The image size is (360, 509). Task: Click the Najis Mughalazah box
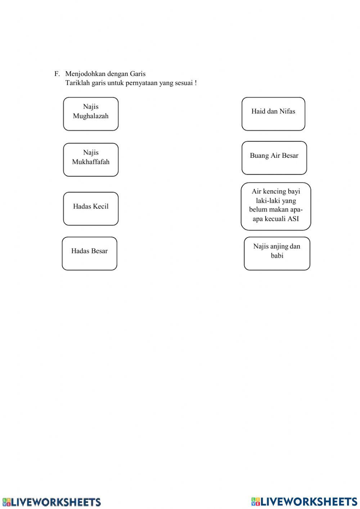[x=91, y=114]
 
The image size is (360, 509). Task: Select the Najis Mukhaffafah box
[x=91, y=160]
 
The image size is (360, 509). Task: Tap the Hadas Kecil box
[x=91, y=209]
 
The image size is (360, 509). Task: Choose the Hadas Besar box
[x=89, y=253]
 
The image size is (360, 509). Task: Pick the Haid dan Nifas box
[x=273, y=114]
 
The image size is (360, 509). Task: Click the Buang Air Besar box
[x=274, y=158]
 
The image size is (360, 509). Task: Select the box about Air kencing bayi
[x=276, y=206]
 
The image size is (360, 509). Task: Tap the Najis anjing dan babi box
[x=277, y=253]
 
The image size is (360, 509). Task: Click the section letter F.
[x=57, y=74]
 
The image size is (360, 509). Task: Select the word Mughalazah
[x=91, y=116]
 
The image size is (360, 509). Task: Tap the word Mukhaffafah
[x=91, y=162]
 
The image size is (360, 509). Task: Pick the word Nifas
[x=287, y=111]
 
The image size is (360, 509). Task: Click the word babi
[x=277, y=256]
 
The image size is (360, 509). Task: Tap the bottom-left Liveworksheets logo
[x=51, y=502]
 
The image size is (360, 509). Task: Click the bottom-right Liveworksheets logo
[x=304, y=501]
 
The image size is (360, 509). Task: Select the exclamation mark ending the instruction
[x=195, y=83]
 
